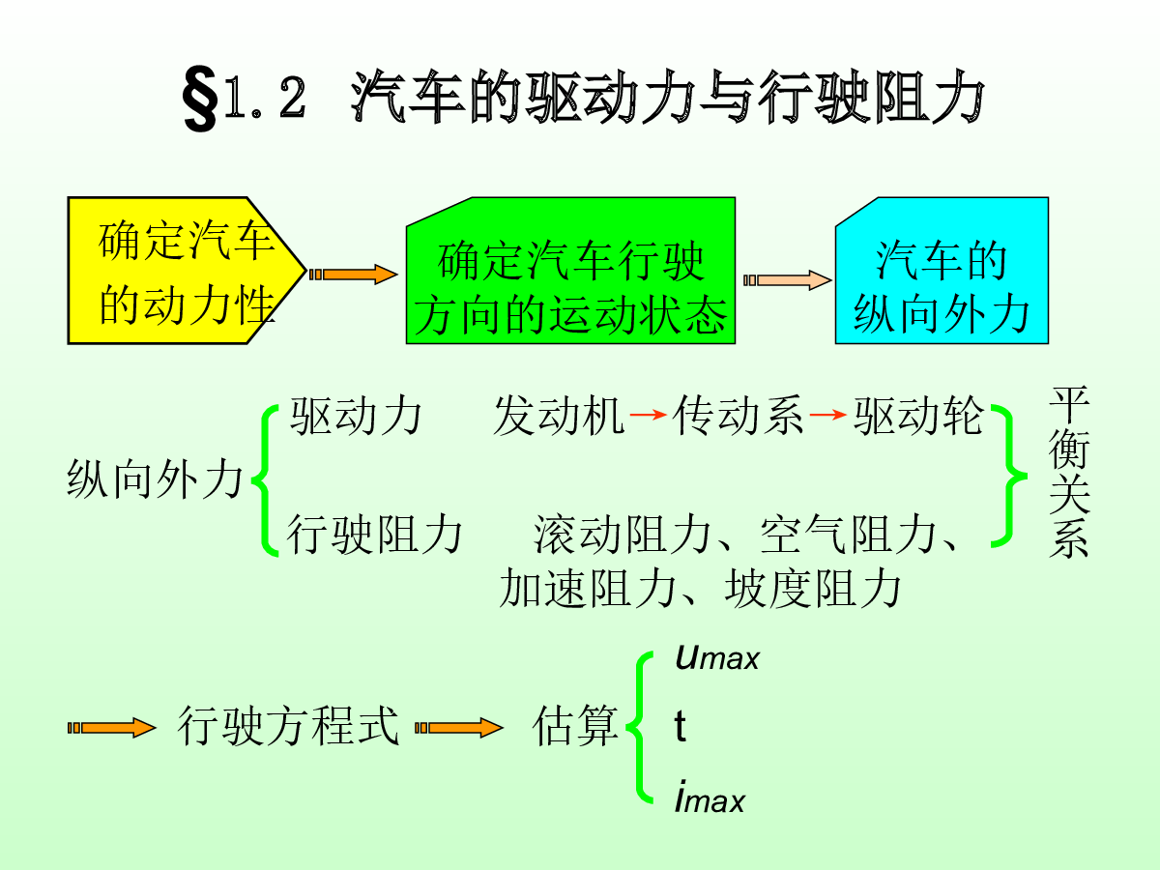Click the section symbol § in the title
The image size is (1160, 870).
200,99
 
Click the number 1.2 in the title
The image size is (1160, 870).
265,98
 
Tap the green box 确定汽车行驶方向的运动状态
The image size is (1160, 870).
570,271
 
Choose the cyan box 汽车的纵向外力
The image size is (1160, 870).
942,271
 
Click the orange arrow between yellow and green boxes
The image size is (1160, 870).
353,275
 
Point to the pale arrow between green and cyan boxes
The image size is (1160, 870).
788,280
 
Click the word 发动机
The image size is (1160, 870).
559,417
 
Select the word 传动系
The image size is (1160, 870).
738,417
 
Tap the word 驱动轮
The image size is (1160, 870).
918,417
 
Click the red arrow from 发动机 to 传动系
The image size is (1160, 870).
648,415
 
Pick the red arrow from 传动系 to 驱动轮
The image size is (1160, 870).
828,415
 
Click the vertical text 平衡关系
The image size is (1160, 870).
1068,473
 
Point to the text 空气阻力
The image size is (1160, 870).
848,535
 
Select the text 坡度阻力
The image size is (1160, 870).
812,589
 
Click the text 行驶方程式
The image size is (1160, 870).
288,727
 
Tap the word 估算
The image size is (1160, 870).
575,727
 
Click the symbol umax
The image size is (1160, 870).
717,657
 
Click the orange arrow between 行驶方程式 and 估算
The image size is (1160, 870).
459,728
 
